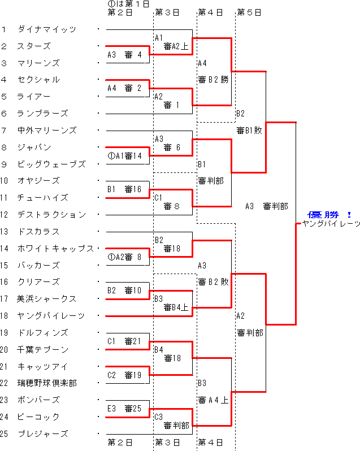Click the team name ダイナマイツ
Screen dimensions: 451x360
46,29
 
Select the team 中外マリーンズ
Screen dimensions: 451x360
46,131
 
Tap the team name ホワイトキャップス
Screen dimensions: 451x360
55,248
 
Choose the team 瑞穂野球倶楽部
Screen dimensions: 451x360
46,383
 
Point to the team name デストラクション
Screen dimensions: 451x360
51,215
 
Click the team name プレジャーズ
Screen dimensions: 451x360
42,434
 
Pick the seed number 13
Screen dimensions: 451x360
6,231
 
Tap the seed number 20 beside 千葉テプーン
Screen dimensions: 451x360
6,349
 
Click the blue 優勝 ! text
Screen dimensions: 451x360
329,215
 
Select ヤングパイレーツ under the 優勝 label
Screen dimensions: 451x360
331,224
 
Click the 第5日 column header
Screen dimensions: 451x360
249,12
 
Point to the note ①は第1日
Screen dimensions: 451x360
128,4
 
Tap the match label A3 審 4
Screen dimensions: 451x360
125,55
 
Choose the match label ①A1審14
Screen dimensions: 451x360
125,156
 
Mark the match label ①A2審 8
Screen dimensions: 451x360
125,257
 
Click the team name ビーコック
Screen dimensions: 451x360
38,417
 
